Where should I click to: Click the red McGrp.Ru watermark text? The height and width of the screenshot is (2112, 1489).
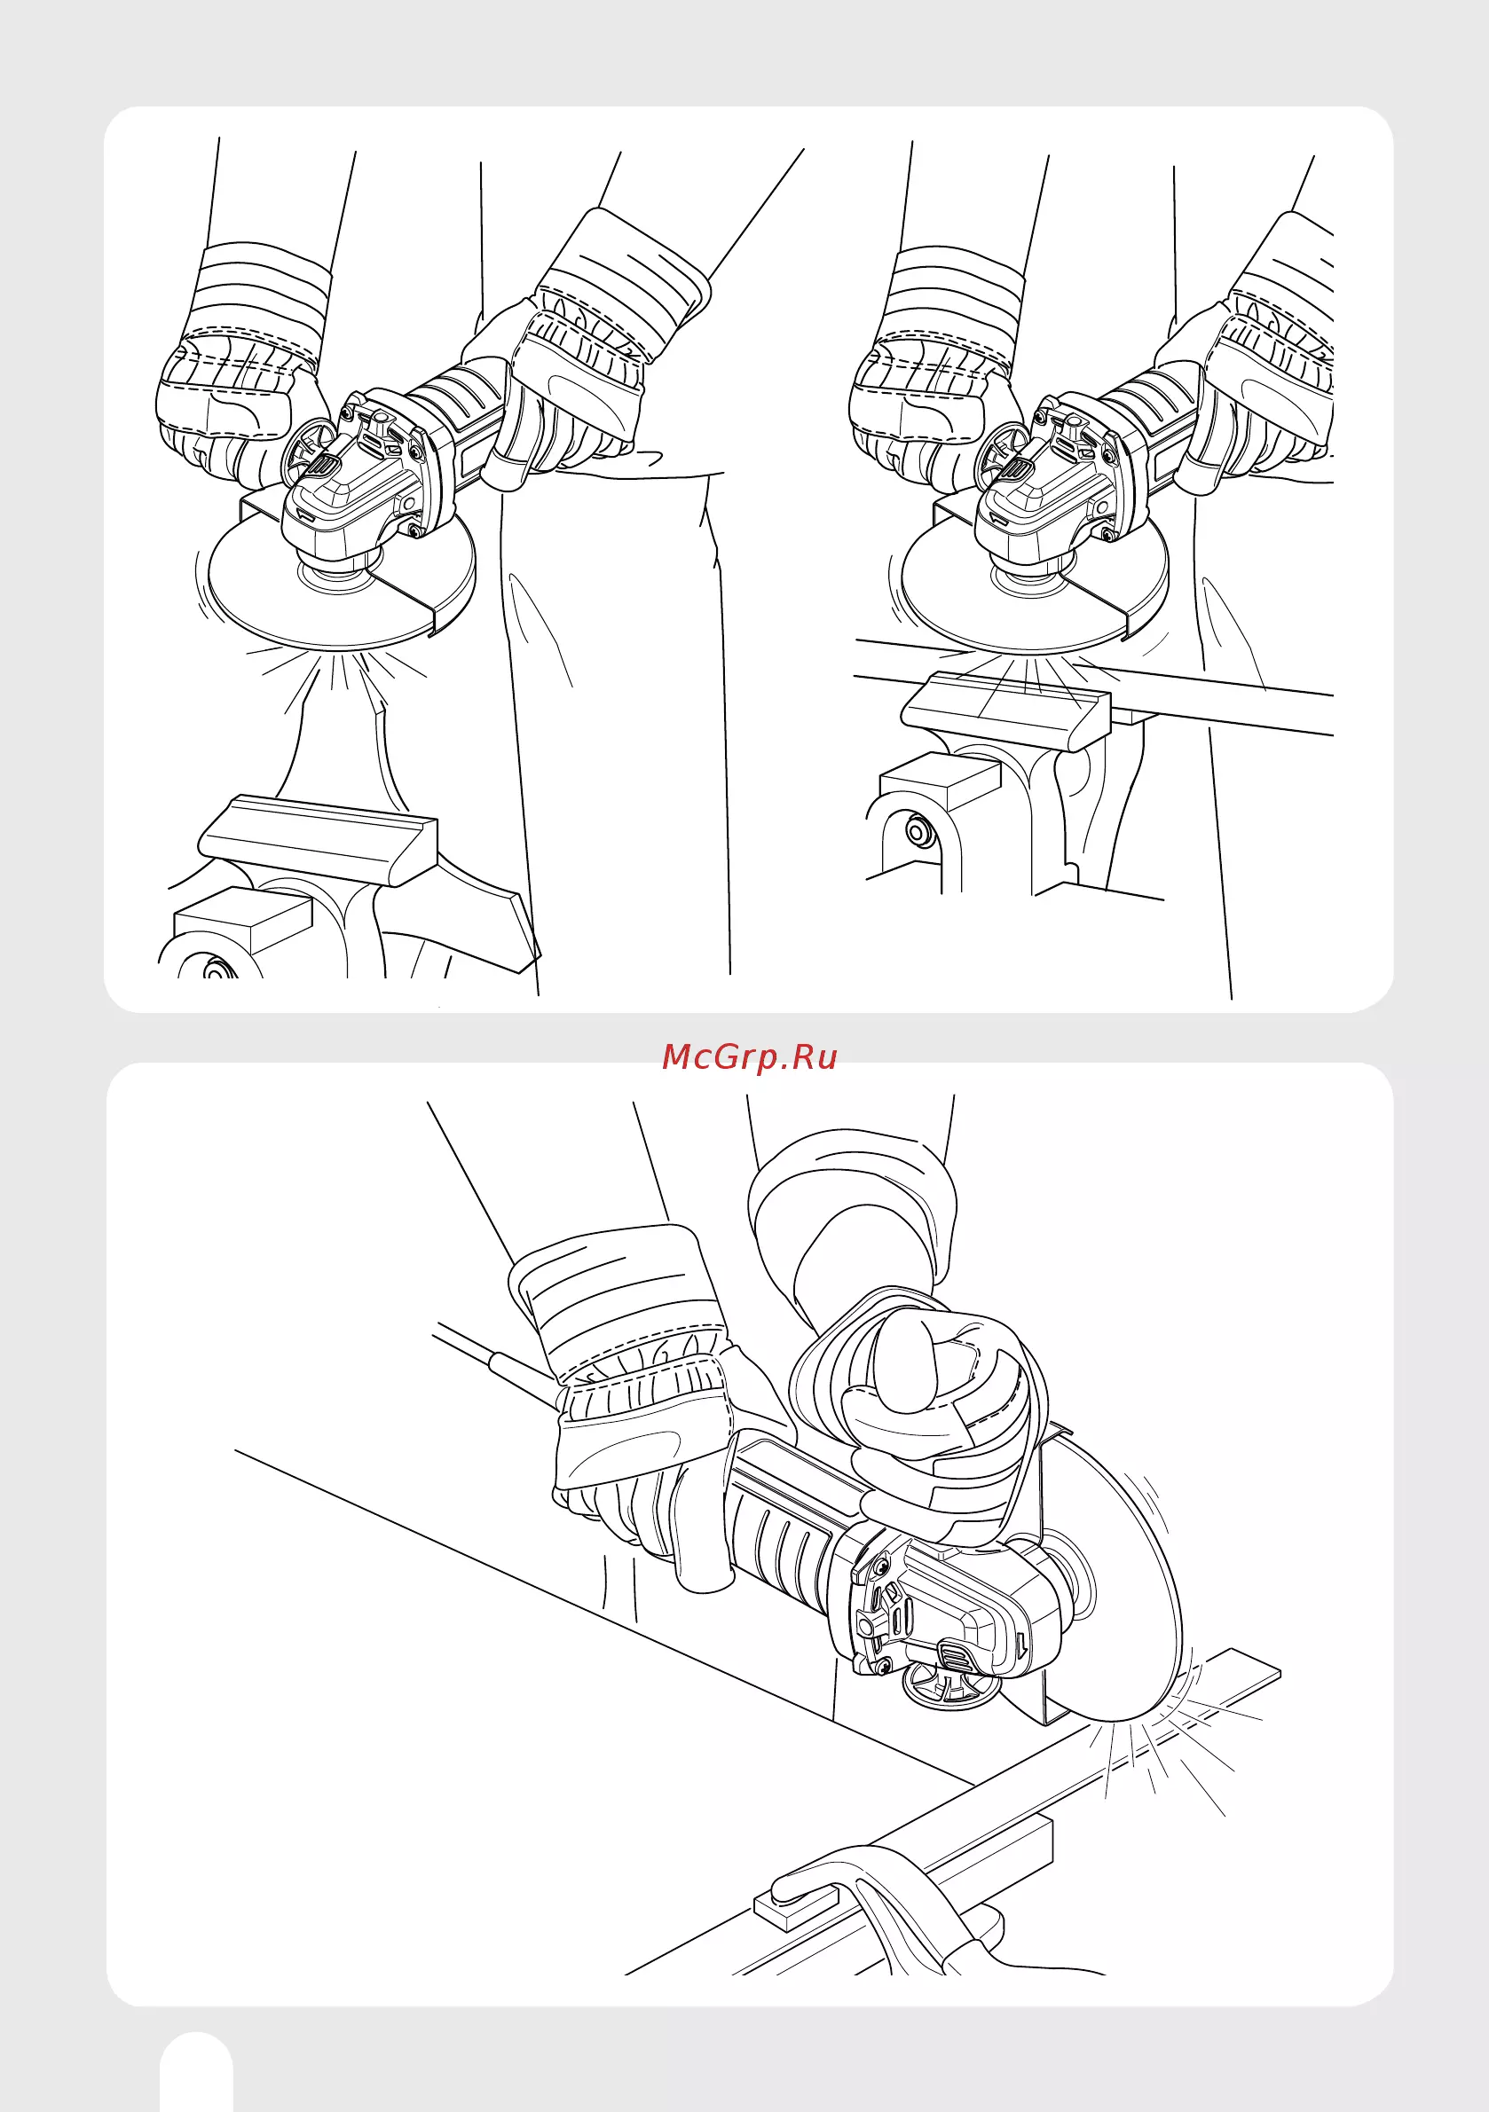click(x=749, y=1057)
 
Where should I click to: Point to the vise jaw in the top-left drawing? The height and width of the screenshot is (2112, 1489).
click(x=319, y=839)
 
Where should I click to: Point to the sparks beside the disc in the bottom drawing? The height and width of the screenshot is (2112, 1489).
click(x=1169, y=1739)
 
